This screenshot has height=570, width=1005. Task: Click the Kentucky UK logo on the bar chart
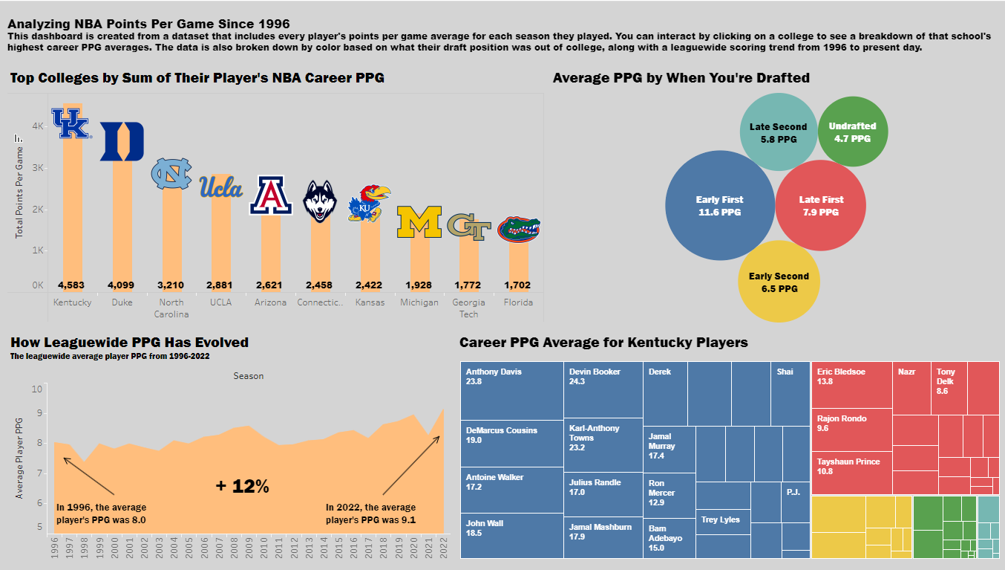coord(71,123)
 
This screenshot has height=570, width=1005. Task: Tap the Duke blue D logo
coord(122,141)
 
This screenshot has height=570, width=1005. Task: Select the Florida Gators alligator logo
coord(519,230)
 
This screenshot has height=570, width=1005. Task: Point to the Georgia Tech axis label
coord(469,308)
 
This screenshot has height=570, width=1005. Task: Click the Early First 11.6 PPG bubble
coord(719,206)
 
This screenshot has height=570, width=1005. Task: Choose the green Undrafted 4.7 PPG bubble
coord(852,132)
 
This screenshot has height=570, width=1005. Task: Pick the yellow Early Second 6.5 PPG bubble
coord(779,282)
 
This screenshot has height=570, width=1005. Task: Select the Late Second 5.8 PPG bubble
coord(778,133)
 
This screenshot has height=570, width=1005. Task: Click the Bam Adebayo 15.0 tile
coord(669,537)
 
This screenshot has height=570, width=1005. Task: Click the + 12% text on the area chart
coord(243,487)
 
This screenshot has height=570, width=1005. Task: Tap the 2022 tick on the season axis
coord(443,550)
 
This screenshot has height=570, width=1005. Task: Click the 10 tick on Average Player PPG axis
coord(38,389)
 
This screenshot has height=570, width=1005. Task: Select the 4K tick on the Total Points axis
coord(38,126)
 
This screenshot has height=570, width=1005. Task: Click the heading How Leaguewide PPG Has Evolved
coord(130,343)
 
